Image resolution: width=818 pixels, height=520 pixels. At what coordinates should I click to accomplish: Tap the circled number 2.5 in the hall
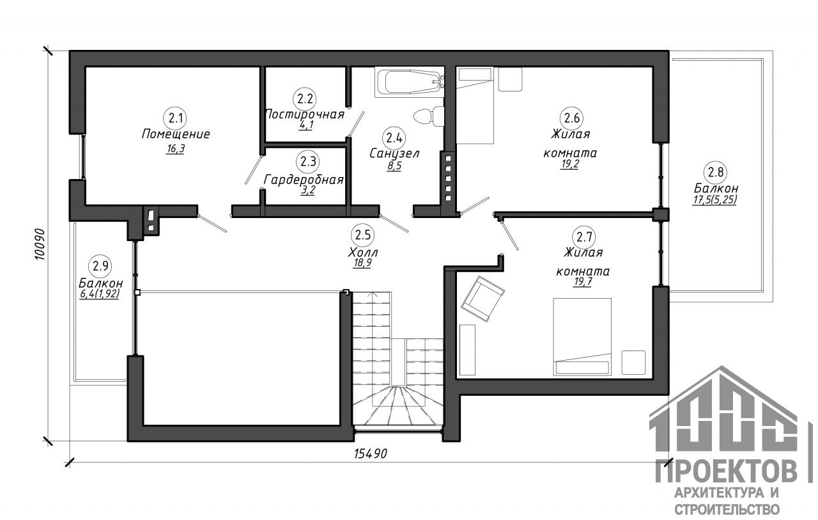(x=362, y=235)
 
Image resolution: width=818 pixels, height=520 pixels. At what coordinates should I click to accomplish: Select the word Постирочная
(x=305, y=114)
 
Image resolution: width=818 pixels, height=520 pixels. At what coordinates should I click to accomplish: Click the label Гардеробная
(x=304, y=180)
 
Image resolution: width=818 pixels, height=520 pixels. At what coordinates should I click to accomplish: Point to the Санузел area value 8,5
(x=394, y=166)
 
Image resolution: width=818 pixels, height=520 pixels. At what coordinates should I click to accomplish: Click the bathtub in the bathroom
(x=410, y=83)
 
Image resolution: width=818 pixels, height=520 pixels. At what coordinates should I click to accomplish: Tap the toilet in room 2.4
(x=429, y=116)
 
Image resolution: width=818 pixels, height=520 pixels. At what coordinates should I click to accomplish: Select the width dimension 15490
(x=371, y=453)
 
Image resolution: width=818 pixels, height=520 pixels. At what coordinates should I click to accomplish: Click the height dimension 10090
(x=40, y=244)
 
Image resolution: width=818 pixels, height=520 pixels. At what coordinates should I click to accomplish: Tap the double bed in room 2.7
(x=582, y=336)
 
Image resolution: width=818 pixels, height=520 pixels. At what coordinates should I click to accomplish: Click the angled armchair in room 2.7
(x=482, y=299)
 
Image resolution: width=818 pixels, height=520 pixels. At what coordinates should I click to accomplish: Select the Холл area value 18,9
(x=362, y=263)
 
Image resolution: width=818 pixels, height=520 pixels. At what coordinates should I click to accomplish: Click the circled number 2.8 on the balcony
(x=715, y=172)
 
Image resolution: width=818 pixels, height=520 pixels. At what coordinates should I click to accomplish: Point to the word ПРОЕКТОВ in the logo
(x=726, y=472)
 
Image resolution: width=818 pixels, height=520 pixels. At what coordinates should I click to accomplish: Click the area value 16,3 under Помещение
(x=175, y=149)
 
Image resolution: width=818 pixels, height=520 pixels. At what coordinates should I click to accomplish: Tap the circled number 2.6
(x=571, y=118)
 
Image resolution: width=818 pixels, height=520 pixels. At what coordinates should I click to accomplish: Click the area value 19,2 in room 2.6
(x=570, y=164)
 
